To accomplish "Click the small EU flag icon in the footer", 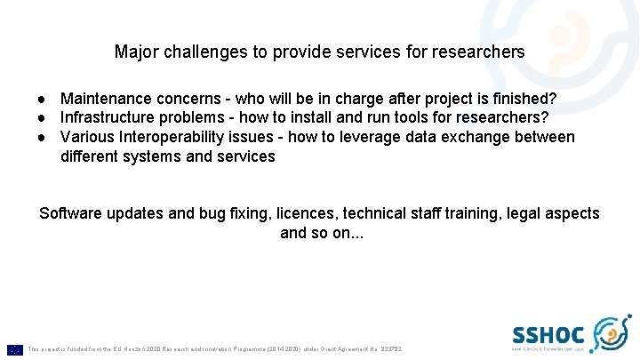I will pyautogui.click(x=15, y=349).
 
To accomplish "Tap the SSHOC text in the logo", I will pyautogui.click(x=548, y=334).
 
